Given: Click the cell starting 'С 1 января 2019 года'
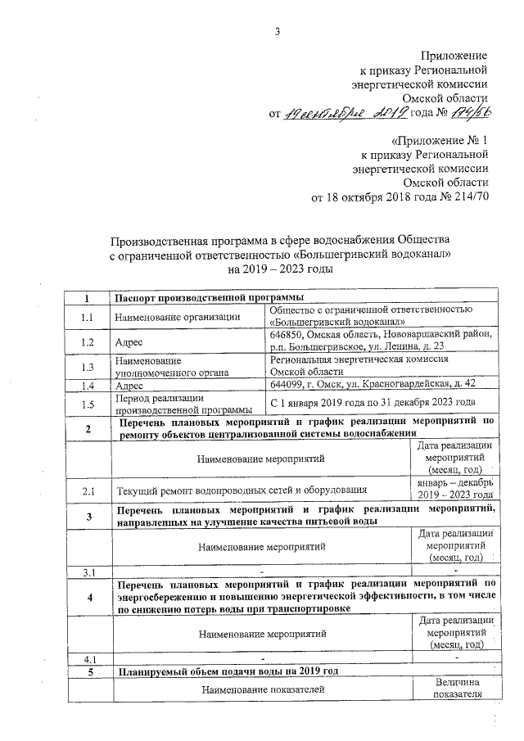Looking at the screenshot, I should point(373,403).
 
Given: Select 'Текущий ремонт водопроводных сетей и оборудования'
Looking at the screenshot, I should point(241,491).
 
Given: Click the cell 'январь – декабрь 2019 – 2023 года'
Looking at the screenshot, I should point(455,491).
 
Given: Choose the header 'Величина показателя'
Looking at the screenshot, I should point(455,689).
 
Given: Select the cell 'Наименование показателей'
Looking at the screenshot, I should point(262,690).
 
